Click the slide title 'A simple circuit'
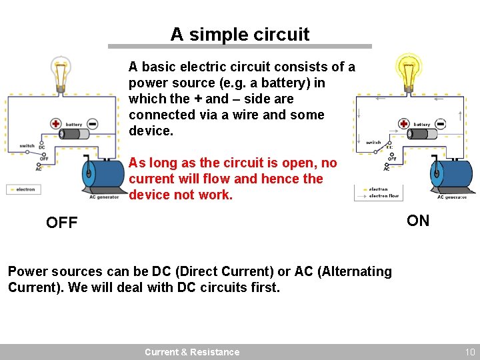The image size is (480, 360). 240,34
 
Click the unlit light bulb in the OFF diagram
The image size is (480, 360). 61,73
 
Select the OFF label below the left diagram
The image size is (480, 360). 62,223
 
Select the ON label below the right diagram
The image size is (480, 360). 418,221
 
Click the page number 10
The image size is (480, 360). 469,352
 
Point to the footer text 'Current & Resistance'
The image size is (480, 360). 192,352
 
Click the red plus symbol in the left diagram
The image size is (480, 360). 56,123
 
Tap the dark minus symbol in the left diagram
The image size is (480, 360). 93,123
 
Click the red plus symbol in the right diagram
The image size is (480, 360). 404,123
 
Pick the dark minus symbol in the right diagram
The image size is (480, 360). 441,123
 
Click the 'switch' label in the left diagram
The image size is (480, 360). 27,145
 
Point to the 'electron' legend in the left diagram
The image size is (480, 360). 25,189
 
